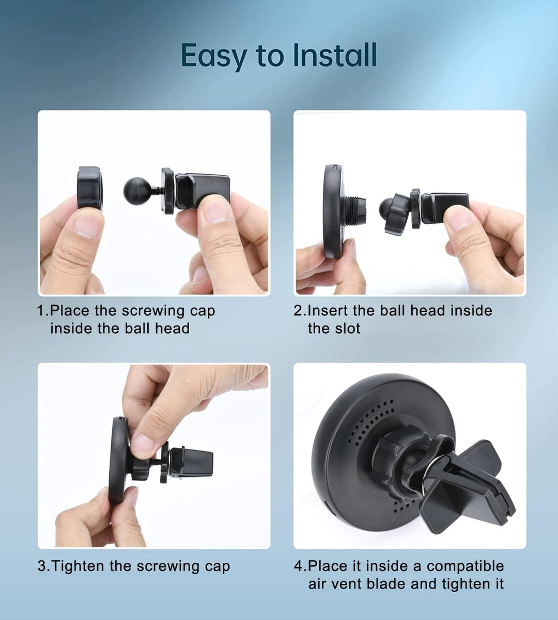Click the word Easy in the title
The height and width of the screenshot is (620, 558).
click(x=214, y=56)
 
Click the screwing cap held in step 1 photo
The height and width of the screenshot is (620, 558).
click(x=90, y=188)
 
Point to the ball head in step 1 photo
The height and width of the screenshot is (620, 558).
click(x=137, y=191)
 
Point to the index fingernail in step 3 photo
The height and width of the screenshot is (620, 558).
click(x=143, y=445)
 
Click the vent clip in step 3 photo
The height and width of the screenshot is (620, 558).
click(x=191, y=462)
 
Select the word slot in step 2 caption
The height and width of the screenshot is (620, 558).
click(x=334, y=329)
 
